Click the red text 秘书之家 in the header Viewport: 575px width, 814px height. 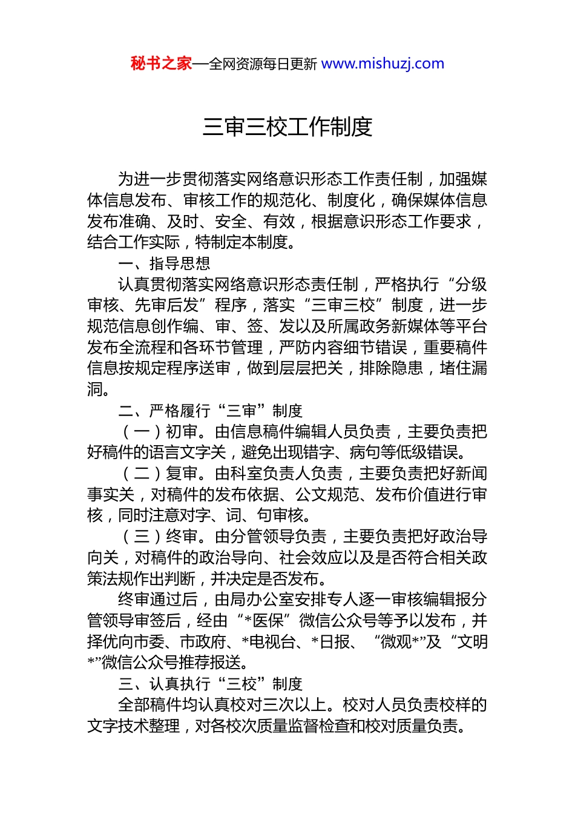161,64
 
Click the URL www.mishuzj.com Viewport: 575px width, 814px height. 383,64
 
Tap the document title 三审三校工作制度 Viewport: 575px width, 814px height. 287,127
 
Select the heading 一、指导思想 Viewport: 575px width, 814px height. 164,263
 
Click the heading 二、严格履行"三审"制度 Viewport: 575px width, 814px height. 210,411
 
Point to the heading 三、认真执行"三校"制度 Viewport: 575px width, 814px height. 210,684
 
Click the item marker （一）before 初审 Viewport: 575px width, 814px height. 141,432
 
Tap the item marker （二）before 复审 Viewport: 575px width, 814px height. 141,474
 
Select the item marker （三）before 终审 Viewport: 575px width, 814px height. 141,537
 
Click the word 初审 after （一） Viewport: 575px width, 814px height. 182,432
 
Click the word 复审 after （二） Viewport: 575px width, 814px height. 182,474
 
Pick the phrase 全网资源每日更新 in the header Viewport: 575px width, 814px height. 263,64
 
